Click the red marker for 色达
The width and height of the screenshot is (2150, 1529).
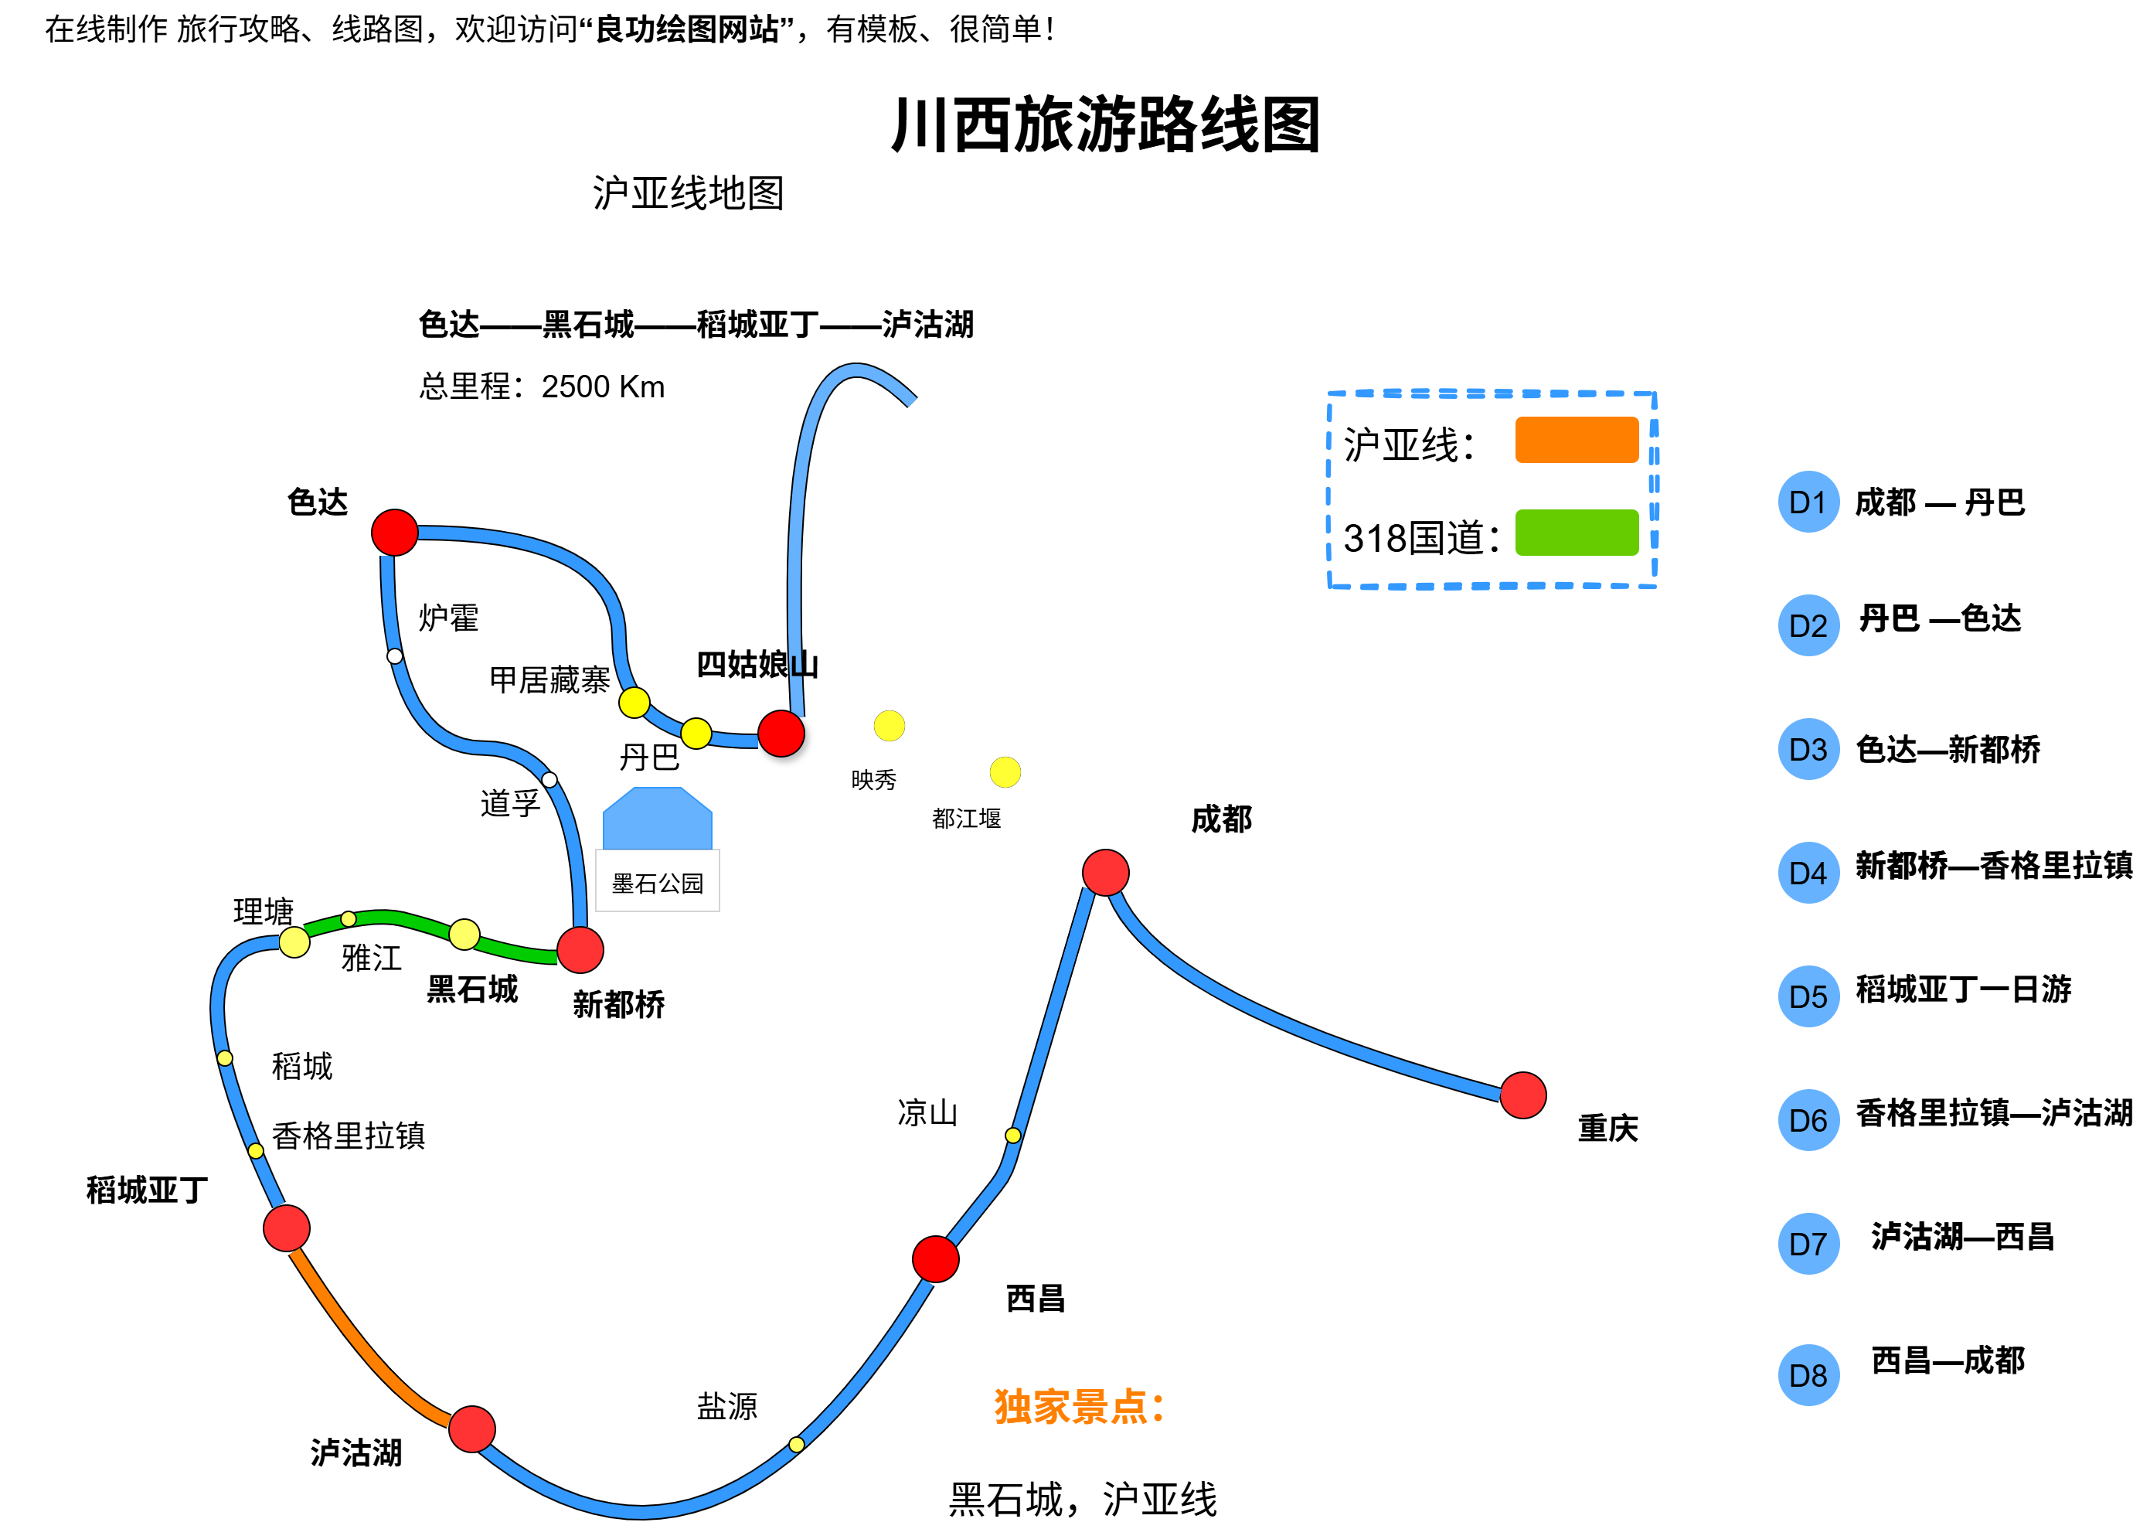click(x=394, y=533)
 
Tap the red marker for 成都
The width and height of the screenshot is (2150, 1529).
click(x=1105, y=872)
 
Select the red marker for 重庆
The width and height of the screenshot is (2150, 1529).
click(x=1522, y=1095)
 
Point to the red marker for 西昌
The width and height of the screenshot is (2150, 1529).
click(x=935, y=1258)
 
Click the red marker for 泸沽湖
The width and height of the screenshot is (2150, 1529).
click(x=471, y=1429)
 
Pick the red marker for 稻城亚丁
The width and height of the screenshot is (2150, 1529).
click(x=286, y=1228)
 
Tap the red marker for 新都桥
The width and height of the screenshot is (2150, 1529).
click(x=580, y=950)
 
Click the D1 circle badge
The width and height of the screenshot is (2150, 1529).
click(x=1808, y=502)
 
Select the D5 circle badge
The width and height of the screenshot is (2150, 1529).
click(x=1808, y=996)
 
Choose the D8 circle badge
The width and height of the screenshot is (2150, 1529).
click(x=1808, y=1375)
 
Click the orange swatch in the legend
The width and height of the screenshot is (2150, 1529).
click(x=1576, y=440)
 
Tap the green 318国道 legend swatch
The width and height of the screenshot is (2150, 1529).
click(x=1576, y=533)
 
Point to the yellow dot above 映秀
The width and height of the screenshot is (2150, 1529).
click(x=889, y=726)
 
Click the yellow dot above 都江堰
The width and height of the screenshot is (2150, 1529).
click(x=1005, y=772)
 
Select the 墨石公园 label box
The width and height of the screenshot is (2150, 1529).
click(x=657, y=881)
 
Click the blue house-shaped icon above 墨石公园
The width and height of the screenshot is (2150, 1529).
click(x=657, y=819)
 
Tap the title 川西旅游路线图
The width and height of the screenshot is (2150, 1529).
click(x=1105, y=125)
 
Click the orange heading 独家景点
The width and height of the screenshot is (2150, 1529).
click(x=1079, y=1407)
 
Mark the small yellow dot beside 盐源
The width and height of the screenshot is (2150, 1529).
click(x=796, y=1444)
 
